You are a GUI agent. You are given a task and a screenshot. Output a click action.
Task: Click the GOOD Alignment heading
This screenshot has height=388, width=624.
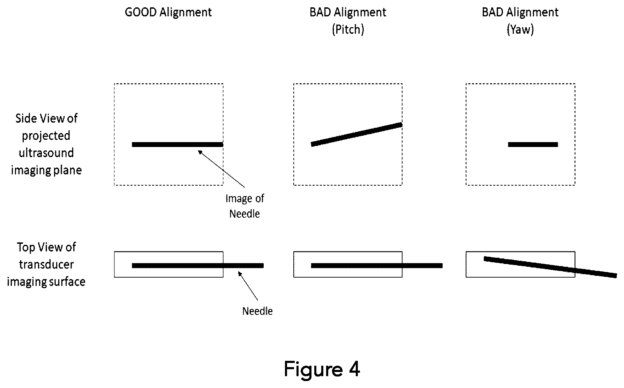168,13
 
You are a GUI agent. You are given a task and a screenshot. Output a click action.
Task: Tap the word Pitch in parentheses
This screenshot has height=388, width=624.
348,30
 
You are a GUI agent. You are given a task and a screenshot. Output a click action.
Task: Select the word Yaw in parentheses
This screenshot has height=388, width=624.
520,30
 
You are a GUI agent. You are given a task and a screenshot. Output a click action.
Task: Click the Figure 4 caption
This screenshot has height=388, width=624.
322,369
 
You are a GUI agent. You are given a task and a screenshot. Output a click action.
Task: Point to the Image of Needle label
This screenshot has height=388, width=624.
245,206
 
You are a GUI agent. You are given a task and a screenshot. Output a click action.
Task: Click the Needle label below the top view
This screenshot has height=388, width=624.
257,311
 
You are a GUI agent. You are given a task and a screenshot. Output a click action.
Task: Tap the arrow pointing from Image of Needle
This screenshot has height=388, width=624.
221,169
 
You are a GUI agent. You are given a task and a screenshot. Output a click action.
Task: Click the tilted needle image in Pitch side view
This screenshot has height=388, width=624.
356,134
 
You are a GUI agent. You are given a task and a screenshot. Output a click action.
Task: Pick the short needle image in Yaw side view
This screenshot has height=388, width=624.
533,144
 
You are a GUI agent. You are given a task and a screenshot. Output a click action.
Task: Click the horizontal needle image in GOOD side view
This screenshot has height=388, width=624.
178,144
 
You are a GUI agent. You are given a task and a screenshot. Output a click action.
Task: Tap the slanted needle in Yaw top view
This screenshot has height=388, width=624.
550,267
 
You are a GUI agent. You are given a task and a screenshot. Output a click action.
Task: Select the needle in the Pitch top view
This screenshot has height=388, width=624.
377,266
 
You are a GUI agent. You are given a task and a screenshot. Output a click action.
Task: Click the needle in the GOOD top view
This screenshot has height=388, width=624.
198,266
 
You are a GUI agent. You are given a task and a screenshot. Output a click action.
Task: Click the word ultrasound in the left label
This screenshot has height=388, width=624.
46,153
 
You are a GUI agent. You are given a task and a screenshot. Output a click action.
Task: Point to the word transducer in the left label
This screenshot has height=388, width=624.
46,264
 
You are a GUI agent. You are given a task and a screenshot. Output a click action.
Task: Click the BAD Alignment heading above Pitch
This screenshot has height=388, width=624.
348,13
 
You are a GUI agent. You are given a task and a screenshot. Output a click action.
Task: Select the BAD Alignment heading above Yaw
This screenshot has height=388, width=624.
520,13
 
